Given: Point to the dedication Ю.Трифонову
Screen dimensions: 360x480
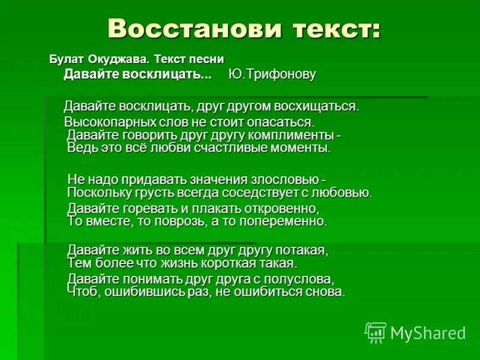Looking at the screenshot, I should [272, 74].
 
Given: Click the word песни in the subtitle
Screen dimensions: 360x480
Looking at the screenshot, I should [206, 59].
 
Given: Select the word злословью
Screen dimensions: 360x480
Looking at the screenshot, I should [281, 179].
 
